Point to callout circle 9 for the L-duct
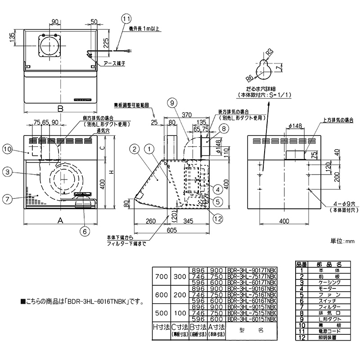[172, 103]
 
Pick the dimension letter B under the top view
[59, 108]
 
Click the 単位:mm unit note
[343, 242]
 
